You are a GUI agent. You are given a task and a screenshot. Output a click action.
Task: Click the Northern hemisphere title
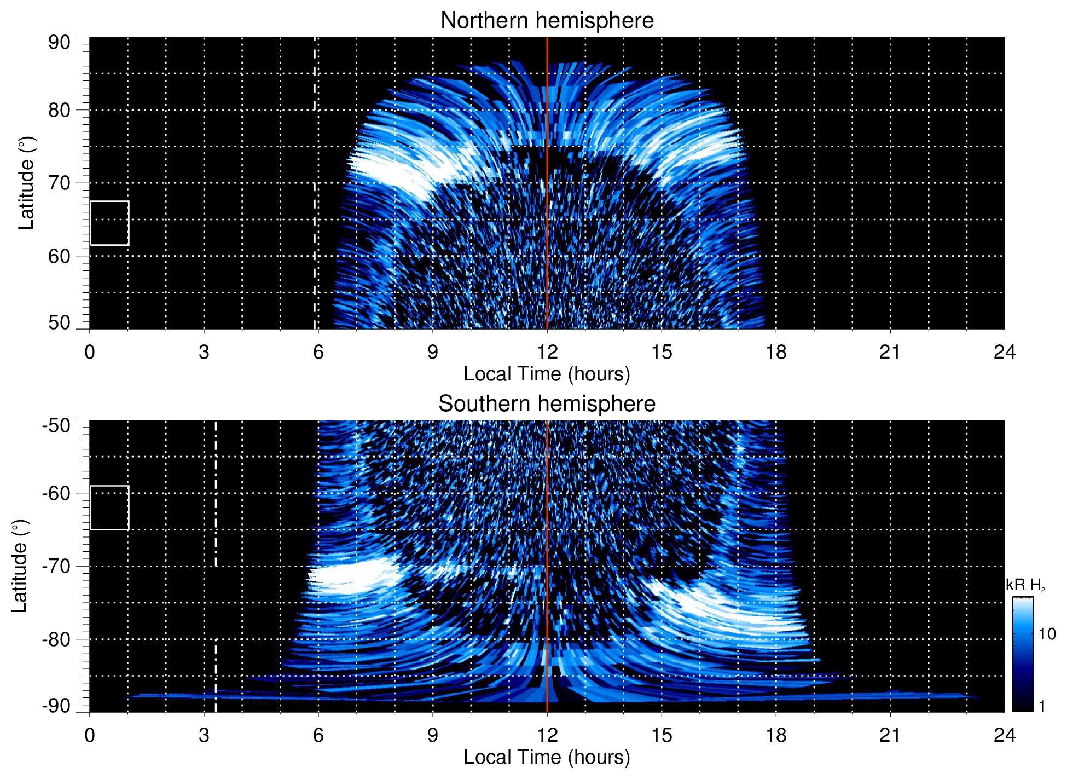click(x=547, y=21)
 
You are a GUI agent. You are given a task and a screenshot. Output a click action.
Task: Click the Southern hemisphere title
click(x=547, y=404)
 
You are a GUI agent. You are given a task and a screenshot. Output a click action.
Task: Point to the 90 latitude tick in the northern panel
click(x=59, y=43)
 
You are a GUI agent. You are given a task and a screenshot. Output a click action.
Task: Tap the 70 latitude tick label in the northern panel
click(x=59, y=183)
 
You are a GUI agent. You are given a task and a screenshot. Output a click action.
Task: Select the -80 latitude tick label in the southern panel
click(x=56, y=639)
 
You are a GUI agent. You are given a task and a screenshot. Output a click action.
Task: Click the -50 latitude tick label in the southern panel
click(x=56, y=425)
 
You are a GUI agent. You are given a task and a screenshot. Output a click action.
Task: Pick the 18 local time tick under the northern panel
click(x=776, y=352)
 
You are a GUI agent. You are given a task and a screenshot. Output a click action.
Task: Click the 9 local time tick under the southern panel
click(x=433, y=735)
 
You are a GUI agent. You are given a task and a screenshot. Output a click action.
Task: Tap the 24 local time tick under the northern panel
click(x=1004, y=352)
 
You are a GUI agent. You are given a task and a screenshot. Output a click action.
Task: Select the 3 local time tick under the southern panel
click(x=204, y=735)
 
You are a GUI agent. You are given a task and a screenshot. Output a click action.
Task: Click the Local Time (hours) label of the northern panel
click(x=547, y=374)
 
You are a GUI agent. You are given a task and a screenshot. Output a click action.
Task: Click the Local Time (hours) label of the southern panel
click(x=547, y=757)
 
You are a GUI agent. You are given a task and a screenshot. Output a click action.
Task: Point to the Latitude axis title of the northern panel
click(x=26, y=183)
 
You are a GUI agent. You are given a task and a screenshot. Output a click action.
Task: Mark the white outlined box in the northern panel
click(x=109, y=223)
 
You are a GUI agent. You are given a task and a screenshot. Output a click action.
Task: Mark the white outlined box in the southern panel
click(x=109, y=507)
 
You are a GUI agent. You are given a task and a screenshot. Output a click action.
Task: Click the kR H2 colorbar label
click(x=1025, y=586)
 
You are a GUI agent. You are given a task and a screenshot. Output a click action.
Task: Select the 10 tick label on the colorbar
click(x=1047, y=634)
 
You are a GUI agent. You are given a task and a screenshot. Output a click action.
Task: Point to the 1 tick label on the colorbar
click(x=1042, y=706)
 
